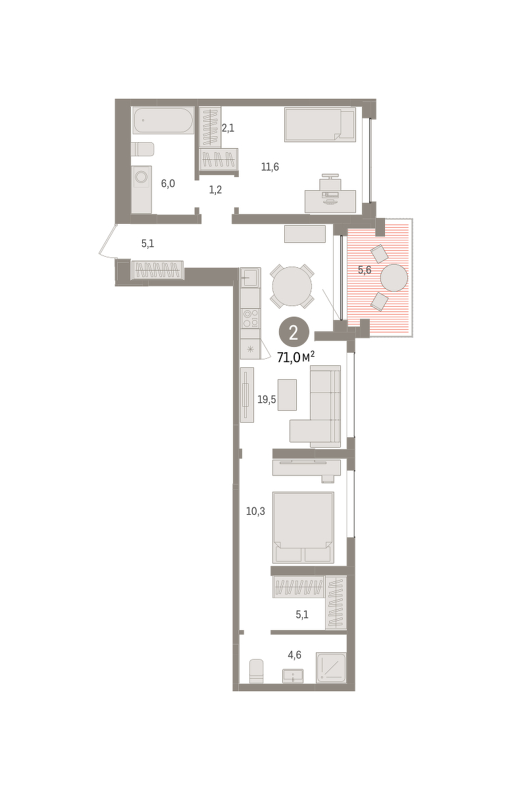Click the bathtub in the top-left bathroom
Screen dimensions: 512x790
pos(163,120)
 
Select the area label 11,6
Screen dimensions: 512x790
pos(270,167)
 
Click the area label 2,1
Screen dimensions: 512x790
pos(228,128)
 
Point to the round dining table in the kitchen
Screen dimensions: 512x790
pos(292,286)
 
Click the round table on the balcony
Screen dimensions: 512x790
pos(394,278)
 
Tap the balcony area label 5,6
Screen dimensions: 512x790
pos(365,270)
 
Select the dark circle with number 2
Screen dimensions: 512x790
pos(294,332)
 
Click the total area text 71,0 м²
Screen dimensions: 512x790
pos(295,357)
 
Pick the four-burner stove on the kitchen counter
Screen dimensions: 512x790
pos(250,319)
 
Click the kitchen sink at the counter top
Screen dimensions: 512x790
pos(250,277)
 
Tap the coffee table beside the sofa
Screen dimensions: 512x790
pos(287,394)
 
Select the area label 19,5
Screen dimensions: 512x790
pos(267,400)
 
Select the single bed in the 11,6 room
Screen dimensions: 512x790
pos(320,124)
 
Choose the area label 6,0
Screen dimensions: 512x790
pos(168,184)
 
